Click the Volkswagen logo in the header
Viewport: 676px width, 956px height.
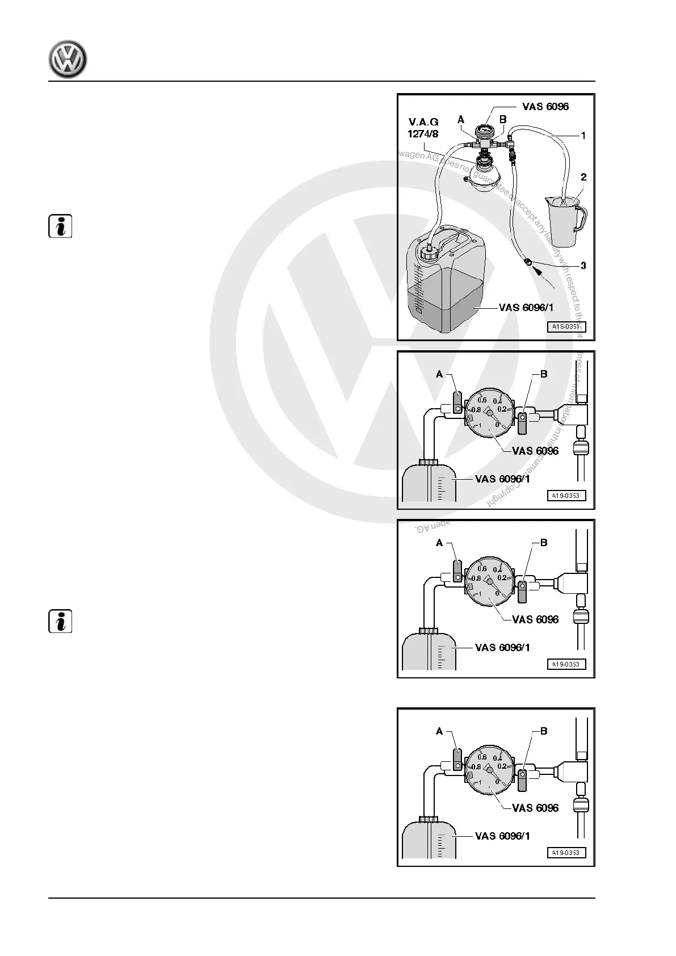tap(68, 59)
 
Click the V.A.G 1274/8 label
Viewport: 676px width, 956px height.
tap(423, 128)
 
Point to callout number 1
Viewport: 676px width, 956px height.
tap(583, 136)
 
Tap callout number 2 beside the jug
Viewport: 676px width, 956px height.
tap(583, 177)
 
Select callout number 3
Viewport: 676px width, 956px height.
tap(583, 266)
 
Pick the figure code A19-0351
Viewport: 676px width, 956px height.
tap(566, 326)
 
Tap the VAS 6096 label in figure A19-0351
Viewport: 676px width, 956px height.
tap(545, 106)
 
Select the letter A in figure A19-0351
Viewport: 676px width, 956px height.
tap(461, 120)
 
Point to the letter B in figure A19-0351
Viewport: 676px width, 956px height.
tap(502, 120)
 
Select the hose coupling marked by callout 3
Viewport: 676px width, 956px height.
tap(527, 262)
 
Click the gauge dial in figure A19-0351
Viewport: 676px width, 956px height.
tap(483, 130)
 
